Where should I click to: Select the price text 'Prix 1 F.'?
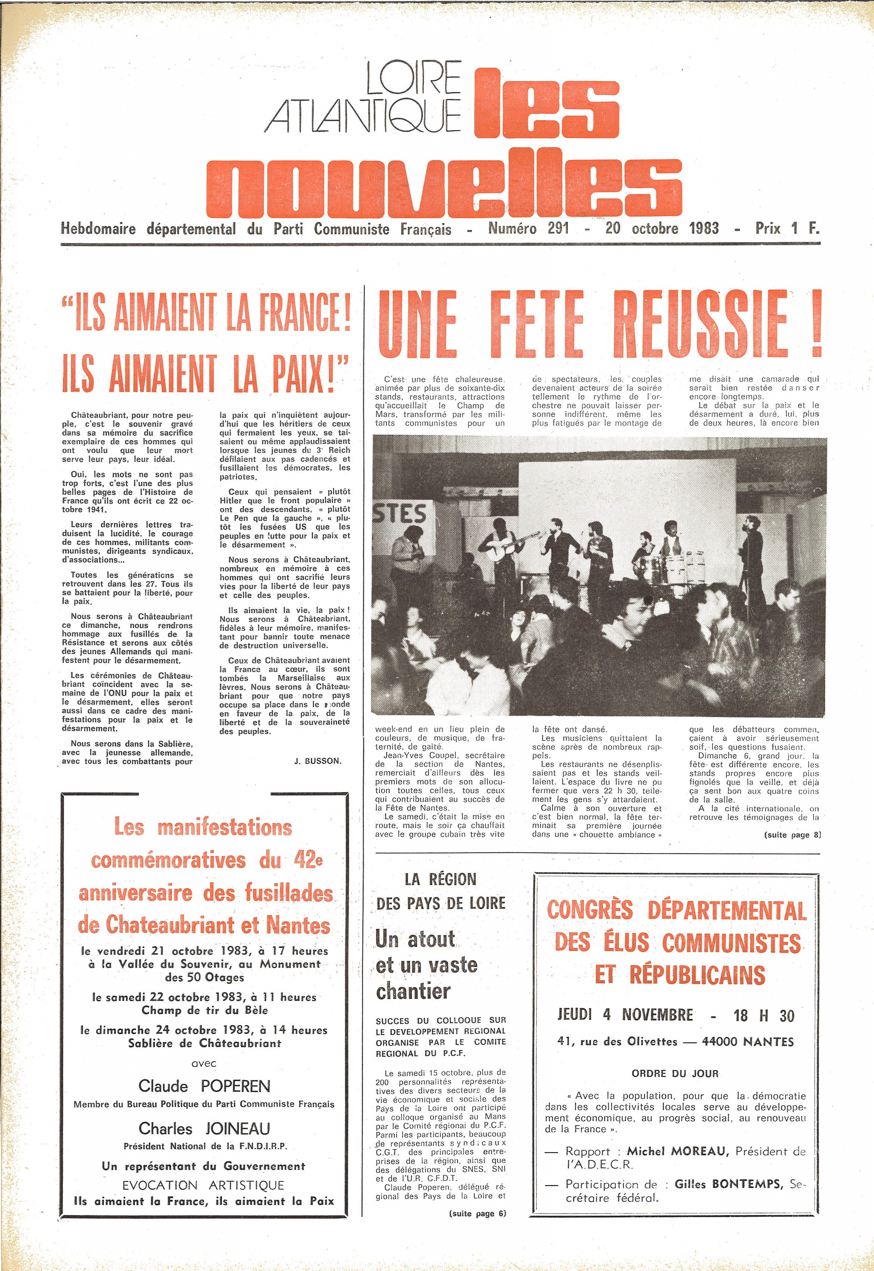pos(787,229)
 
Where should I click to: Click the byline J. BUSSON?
pos(318,761)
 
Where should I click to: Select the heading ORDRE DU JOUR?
pos(675,1073)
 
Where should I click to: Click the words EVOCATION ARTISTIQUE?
pos(203,1185)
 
